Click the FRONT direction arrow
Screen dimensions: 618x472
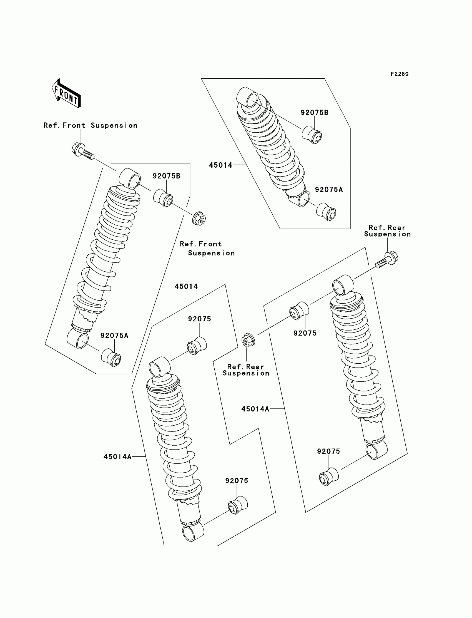[x=66, y=93]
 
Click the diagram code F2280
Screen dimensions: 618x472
[x=400, y=74]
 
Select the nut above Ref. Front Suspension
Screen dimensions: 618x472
[x=199, y=218]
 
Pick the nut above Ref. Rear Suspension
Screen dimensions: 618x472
[x=248, y=340]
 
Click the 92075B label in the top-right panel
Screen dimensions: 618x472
[x=314, y=113]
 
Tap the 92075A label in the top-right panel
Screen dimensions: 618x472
[x=329, y=190]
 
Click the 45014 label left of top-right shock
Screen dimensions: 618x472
[x=220, y=165]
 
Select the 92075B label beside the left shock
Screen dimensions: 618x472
[x=167, y=176]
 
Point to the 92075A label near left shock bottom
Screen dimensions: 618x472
[x=114, y=336]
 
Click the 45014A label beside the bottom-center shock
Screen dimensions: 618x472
[x=117, y=457]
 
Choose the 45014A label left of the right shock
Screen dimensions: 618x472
[x=255, y=409]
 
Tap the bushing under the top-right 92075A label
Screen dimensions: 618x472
[x=327, y=212]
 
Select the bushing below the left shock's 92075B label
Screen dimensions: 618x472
[x=163, y=198]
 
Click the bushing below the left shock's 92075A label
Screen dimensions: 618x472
[x=111, y=358]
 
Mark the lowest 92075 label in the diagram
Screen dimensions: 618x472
[x=237, y=481]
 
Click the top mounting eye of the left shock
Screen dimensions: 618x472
[x=130, y=178]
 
